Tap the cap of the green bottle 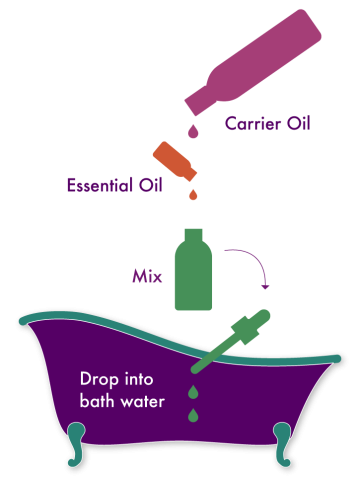pyautogui.click(x=193, y=235)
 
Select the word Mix pyautogui.click(x=148, y=275)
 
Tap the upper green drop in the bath pyautogui.click(x=191, y=390)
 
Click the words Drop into pyautogui.click(x=115, y=380)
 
